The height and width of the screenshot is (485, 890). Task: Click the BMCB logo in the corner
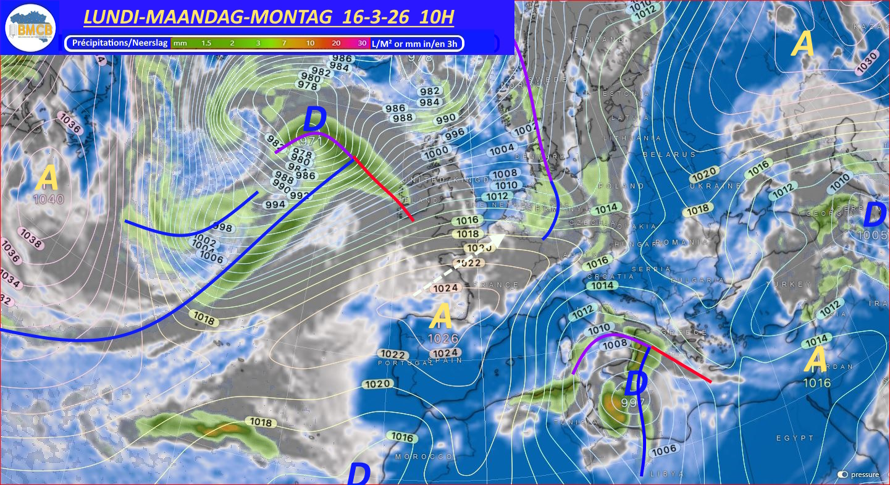[x=30, y=28]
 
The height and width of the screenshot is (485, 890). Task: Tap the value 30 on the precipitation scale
[x=362, y=43]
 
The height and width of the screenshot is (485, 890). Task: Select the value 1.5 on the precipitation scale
[x=206, y=43]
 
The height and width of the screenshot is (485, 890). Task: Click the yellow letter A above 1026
[x=442, y=316]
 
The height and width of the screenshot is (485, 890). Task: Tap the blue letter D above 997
[x=636, y=382]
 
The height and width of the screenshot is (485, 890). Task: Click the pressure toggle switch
[x=843, y=474]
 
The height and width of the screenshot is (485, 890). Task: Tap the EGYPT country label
[x=796, y=438]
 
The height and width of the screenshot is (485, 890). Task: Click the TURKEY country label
[x=789, y=284]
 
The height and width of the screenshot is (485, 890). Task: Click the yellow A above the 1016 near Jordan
[x=817, y=360]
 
